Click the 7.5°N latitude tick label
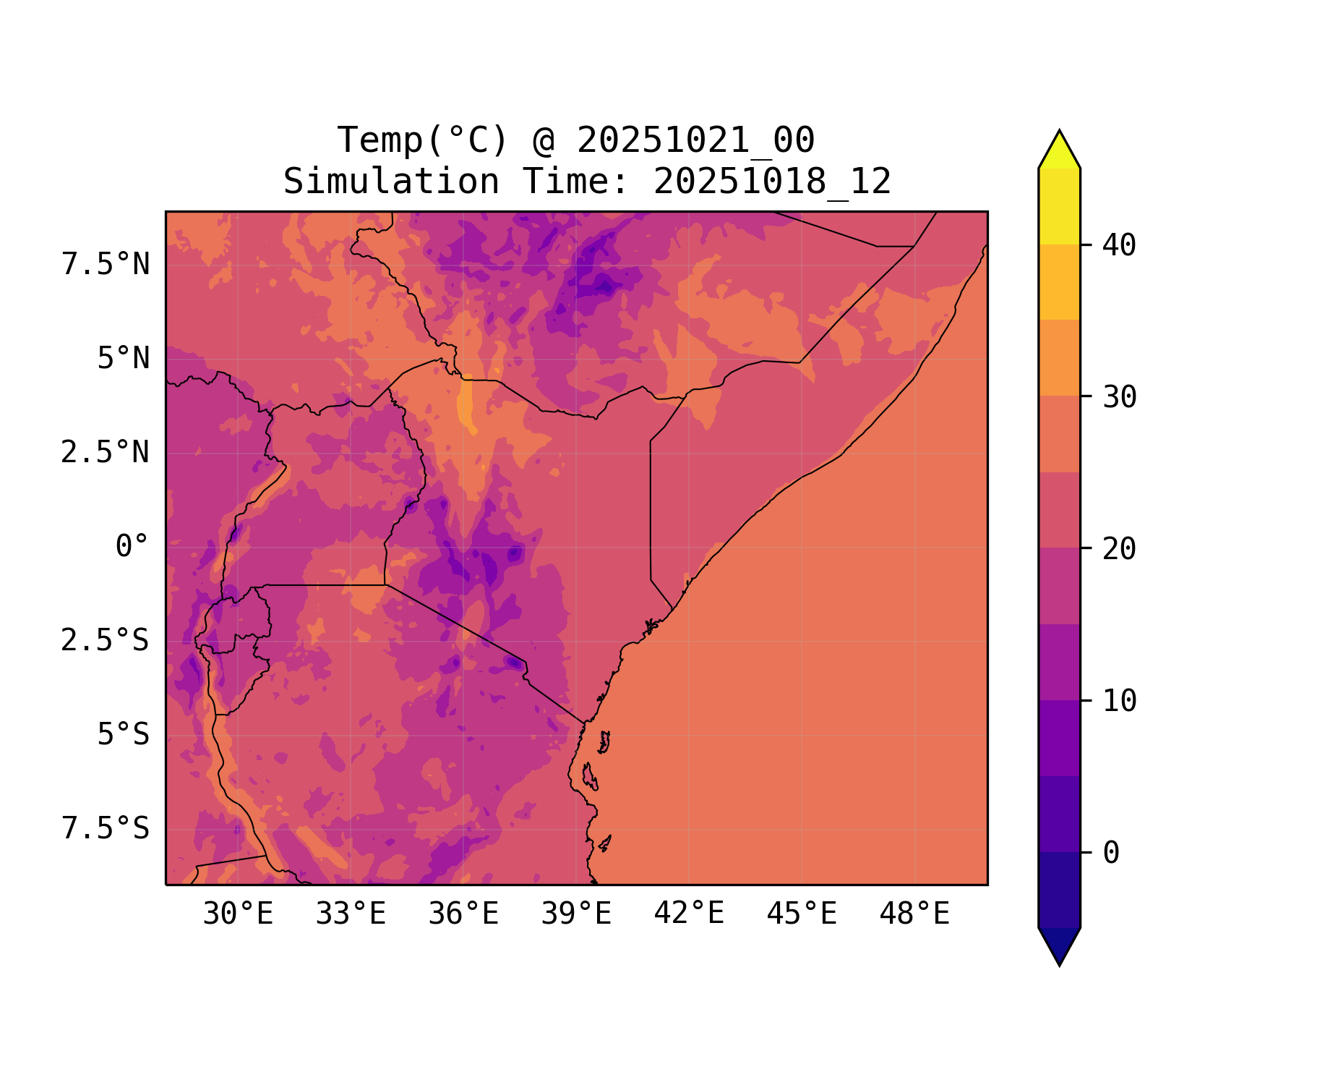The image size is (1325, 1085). [x=106, y=265]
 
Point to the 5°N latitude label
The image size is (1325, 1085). [x=123, y=359]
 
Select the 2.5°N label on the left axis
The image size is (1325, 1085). [x=106, y=453]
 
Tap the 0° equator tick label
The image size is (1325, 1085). [x=132, y=547]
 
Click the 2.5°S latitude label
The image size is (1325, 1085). [x=106, y=640]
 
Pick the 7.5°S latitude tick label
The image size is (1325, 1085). [x=106, y=828]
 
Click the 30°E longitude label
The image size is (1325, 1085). [x=238, y=914]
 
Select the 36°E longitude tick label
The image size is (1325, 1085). [x=463, y=914]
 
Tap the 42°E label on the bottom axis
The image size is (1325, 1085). [x=689, y=914]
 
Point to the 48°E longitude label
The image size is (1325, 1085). [x=914, y=914]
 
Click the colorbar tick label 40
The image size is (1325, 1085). [x=1120, y=245]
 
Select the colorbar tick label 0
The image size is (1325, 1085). [x=1111, y=854]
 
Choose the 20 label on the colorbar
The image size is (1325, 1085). [x=1120, y=549]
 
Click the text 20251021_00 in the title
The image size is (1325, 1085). [x=695, y=140]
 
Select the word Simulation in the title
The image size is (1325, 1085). [x=391, y=182]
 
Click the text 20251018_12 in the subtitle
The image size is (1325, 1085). [x=772, y=182]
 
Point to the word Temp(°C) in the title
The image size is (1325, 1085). [x=422, y=140]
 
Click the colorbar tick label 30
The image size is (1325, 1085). [x=1120, y=397]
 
